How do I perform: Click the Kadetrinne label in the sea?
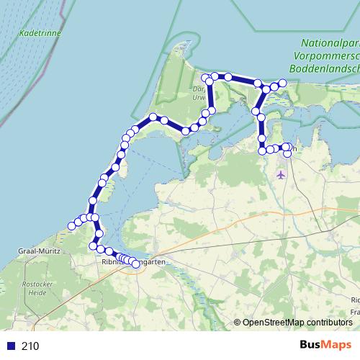point(40,33)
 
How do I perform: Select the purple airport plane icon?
point(281,174)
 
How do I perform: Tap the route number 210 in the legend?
point(30,346)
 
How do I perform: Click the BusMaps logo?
point(325,345)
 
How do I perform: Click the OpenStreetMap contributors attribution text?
point(297,322)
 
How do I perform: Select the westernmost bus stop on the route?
point(71,227)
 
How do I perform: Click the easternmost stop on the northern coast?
point(283,84)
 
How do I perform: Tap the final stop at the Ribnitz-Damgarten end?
point(135,264)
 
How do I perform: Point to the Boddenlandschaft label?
point(323,67)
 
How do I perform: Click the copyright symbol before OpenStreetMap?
point(238,322)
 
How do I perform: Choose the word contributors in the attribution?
point(328,322)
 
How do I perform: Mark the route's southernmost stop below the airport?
point(287,153)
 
